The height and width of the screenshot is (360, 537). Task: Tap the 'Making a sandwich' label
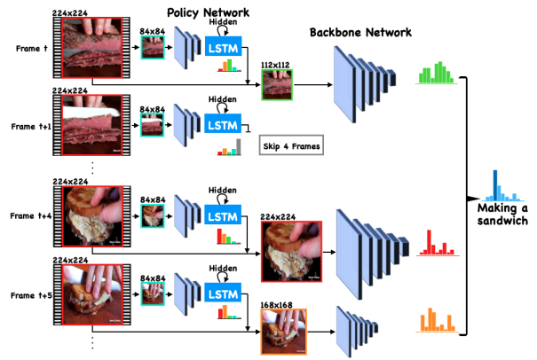(502, 214)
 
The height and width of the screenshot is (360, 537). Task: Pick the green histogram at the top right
(435, 74)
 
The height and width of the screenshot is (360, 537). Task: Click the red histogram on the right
(435, 241)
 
